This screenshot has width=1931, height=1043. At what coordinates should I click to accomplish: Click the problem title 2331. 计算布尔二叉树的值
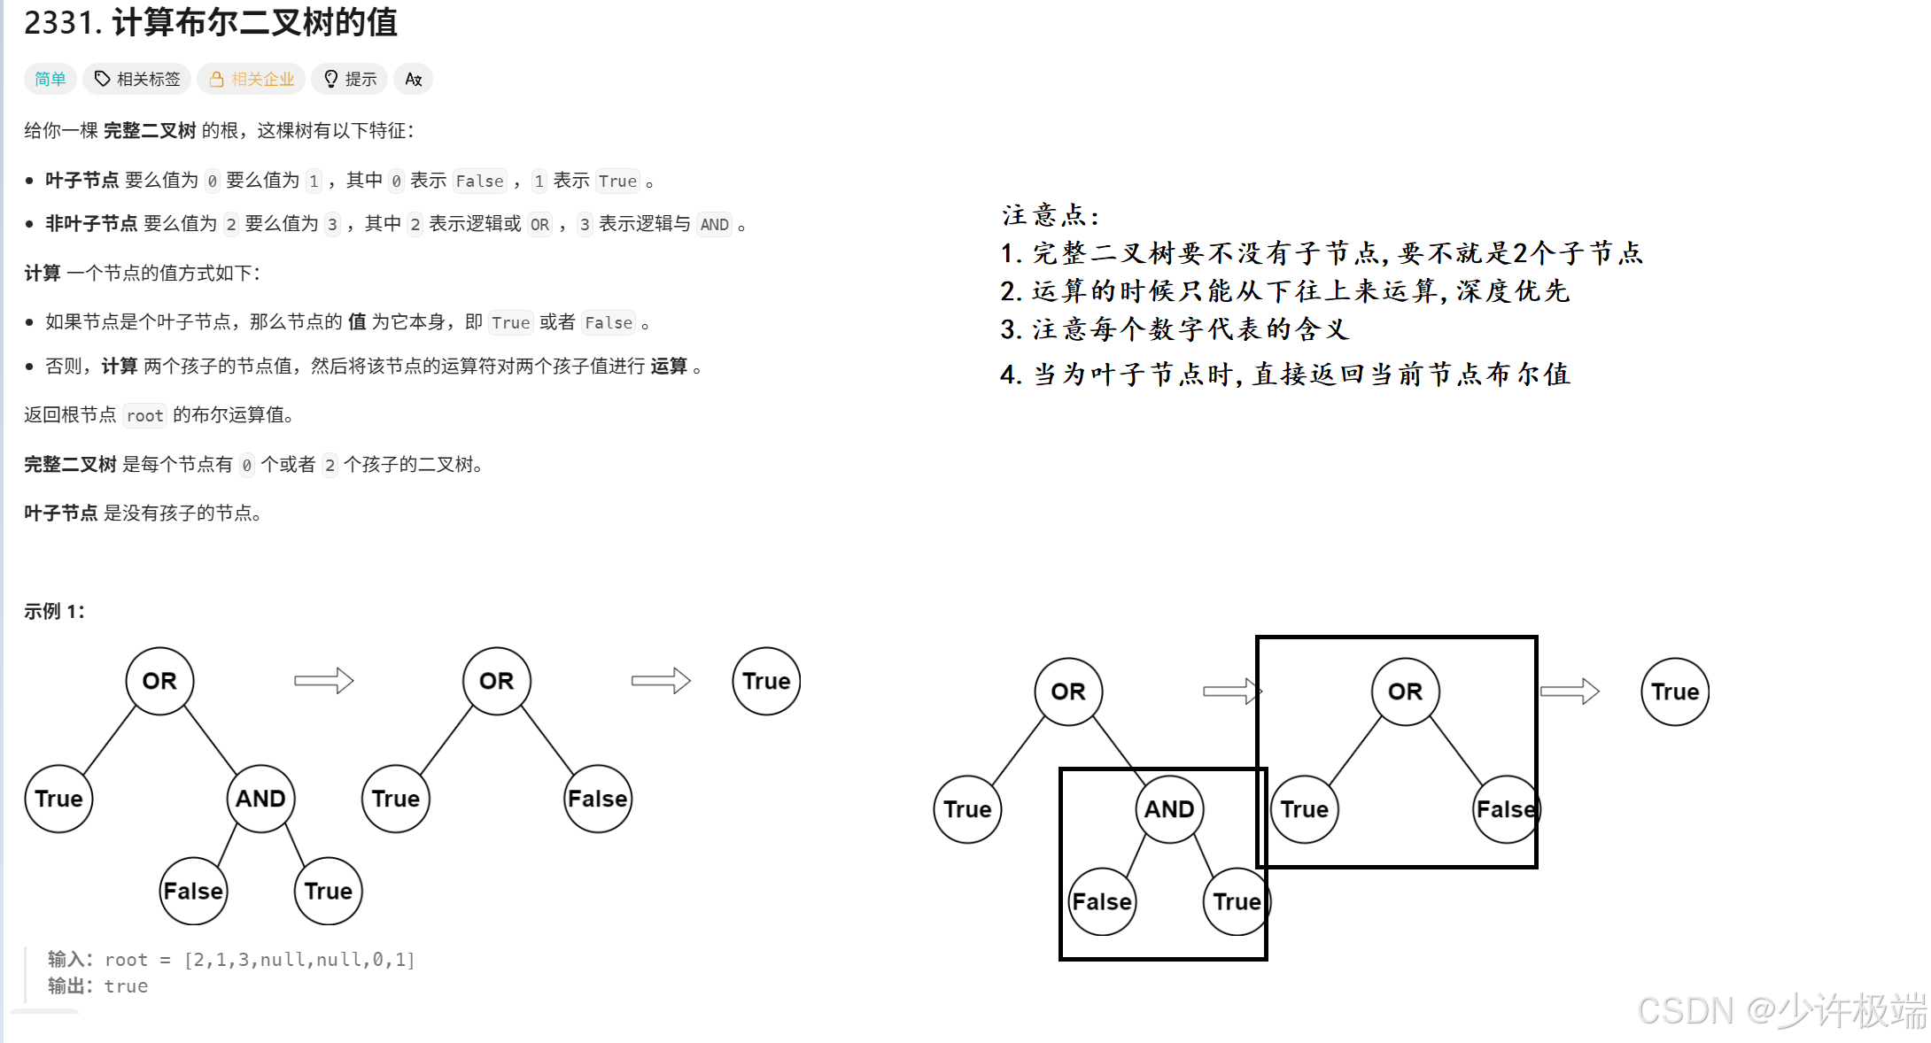tap(211, 22)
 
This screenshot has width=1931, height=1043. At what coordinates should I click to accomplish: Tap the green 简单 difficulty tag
tap(50, 79)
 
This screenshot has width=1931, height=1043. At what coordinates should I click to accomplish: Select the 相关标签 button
tap(138, 79)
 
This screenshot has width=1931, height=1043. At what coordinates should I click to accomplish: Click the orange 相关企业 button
tap(252, 79)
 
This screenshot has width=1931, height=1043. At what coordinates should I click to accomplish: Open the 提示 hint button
tap(351, 79)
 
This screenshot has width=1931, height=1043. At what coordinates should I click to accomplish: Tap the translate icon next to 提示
tap(414, 79)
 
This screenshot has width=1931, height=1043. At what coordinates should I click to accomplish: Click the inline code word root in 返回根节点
tap(144, 415)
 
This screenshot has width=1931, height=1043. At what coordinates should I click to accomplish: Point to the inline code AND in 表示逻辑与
tap(714, 225)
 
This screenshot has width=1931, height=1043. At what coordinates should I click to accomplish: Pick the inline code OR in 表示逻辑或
tap(539, 225)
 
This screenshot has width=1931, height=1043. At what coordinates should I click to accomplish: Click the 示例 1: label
tap(54, 611)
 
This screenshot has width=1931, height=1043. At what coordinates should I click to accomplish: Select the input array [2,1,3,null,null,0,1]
tap(299, 960)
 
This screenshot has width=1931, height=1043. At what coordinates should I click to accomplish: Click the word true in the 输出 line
tap(126, 986)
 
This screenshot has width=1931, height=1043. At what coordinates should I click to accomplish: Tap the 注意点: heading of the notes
tap(1051, 215)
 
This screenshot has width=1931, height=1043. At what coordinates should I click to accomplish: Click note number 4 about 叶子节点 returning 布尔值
tap(1284, 375)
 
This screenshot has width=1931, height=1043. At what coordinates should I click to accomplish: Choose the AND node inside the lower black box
tap(1169, 808)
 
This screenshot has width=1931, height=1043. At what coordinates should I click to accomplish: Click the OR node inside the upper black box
tap(1405, 691)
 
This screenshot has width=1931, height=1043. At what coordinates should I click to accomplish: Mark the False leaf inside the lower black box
tap(1102, 901)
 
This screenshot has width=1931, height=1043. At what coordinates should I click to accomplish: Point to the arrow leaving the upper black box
tap(1570, 691)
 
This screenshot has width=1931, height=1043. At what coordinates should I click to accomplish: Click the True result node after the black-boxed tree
tap(1674, 691)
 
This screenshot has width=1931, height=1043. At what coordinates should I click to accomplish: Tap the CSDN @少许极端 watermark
tap(1780, 1010)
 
